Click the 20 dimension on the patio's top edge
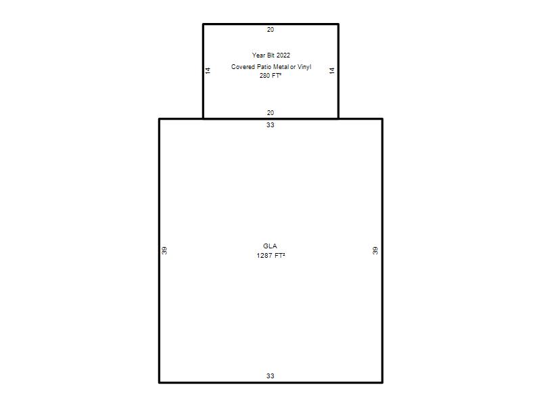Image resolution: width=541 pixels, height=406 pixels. (x=270, y=30)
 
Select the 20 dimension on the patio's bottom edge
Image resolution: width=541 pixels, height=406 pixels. (x=270, y=113)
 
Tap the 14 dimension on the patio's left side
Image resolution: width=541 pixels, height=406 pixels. (x=208, y=70)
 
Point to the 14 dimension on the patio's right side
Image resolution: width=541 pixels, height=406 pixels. (x=332, y=70)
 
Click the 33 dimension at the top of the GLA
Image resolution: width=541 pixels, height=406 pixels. (x=270, y=125)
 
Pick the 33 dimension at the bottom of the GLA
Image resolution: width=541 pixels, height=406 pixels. (x=270, y=376)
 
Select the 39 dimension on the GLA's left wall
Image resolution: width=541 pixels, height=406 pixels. (x=164, y=250)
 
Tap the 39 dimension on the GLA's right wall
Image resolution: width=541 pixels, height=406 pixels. (x=375, y=250)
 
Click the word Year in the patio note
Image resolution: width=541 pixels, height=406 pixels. (x=258, y=55)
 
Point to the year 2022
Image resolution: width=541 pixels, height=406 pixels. (x=283, y=55)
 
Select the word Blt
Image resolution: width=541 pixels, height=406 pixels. (x=270, y=55)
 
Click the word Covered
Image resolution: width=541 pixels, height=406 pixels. (x=243, y=67)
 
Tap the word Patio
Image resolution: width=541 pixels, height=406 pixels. (x=264, y=67)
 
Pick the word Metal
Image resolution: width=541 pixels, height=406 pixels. (x=281, y=67)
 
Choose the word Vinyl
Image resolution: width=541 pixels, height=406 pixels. (x=304, y=67)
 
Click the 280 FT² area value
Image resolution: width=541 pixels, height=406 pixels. (x=270, y=76)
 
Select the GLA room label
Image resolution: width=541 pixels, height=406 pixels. (x=270, y=246)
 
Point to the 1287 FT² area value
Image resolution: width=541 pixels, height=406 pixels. (x=271, y=256)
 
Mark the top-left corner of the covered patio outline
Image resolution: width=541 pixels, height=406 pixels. (x=204, y=24)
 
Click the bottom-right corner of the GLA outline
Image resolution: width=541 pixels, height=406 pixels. (x=382, y=382)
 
